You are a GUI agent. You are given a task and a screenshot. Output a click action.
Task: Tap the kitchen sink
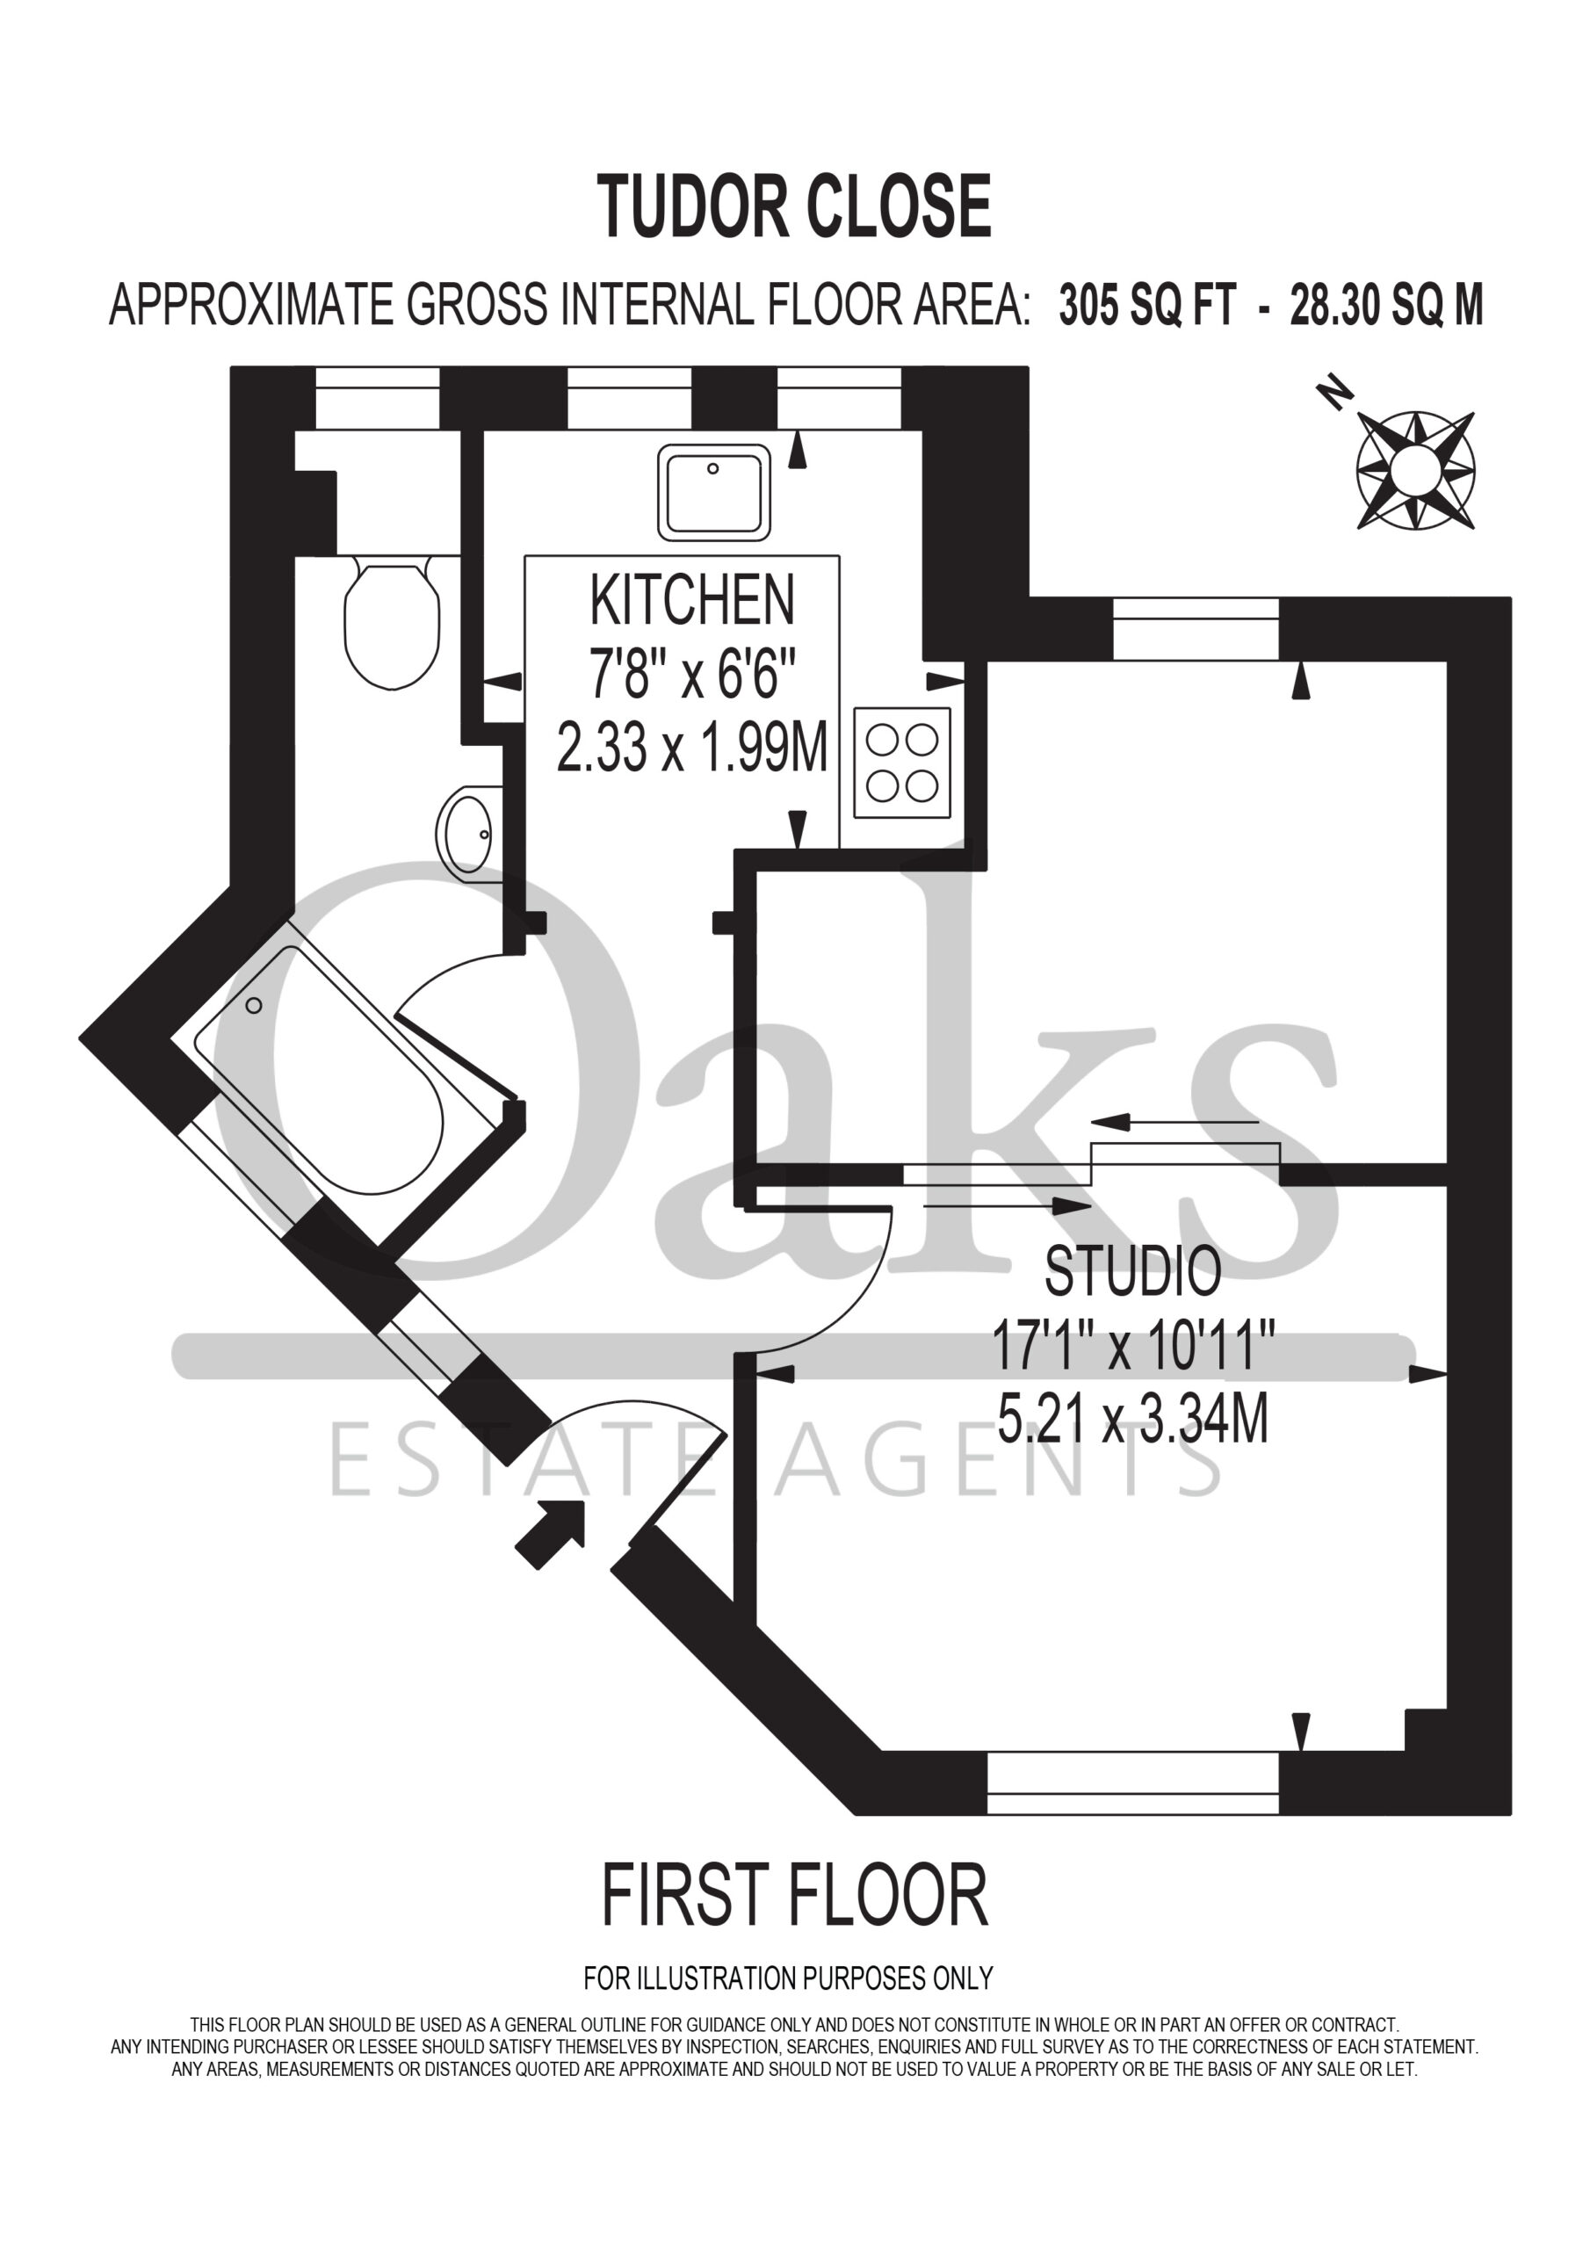click(713, 492)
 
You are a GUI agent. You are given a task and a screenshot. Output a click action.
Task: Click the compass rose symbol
click(1415, 471)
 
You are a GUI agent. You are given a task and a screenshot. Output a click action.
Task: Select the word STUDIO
click(1133, 1271)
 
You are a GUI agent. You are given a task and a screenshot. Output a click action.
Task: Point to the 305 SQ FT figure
click(1147, 306)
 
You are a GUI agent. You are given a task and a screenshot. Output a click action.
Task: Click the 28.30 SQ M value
click(1386, 306)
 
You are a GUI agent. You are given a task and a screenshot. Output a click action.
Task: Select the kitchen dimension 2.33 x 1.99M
click(692, 748)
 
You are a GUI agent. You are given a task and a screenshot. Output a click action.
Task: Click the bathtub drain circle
click(255, 1006)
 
